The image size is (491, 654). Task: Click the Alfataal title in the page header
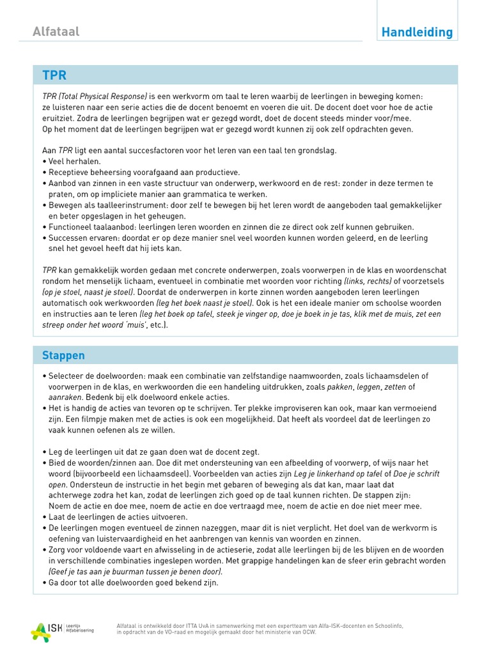pyautogui.click(x=56, y=31)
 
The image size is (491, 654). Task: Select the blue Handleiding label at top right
pyautogui.click(x=416, y=32)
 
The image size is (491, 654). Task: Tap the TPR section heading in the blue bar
pyautogui.click(x=54, y=75)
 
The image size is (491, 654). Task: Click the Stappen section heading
pyautogui.click(x=63, y=355)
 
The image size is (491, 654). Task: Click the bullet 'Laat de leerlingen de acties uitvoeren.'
pyautogui.click(x=118, y=517)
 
